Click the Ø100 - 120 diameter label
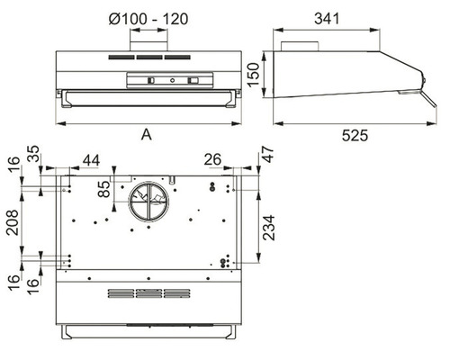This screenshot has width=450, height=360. pos(148,19)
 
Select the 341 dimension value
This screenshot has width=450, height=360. pos(327,19)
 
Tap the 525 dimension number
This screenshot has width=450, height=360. pos(355,136)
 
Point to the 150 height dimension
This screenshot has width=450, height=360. pos(254,74)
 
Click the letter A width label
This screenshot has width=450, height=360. pos(147,135)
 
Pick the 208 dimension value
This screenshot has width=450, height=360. pos(13,222)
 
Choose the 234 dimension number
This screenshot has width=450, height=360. pos(269,228)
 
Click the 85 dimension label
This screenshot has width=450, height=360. pos(104,189)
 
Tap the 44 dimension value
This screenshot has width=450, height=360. pos(91,160)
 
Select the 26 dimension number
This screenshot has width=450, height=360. pos(212,159)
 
